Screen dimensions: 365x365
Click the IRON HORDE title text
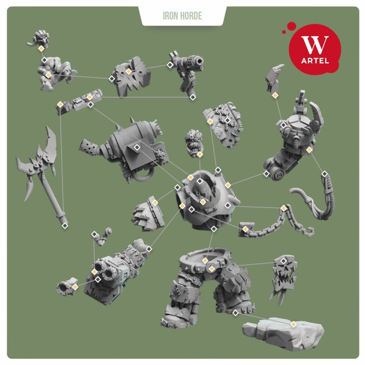182,16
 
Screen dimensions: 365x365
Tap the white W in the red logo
315,45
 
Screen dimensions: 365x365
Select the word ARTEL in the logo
315,61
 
